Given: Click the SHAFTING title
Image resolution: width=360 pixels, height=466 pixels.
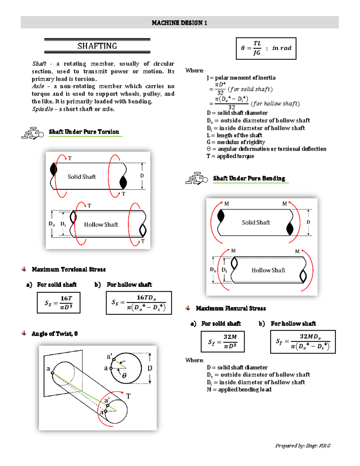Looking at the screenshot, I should pyautogui.click(x=97, y=46).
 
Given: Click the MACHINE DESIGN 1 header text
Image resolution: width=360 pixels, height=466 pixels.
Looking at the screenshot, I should pyautogui.click(x=179, y=23).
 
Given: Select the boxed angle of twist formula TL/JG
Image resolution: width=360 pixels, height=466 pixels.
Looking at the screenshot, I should pyautogui.click(x=266, y=48).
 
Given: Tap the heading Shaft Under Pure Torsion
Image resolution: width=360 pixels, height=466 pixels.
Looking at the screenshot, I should pyautogui.click(x=84, y=132).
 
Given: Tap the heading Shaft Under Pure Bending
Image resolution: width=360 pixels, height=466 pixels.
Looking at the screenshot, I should pyautogui.click(x=249, y=178).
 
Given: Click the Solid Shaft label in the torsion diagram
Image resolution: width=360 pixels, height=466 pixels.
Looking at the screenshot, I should pyautogui.click(x=82, y=177).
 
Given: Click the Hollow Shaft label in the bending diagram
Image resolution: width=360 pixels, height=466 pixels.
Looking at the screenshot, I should pyautogui.click(x=268, y=270).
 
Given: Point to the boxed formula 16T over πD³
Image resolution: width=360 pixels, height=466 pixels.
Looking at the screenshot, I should pyautogui.click(x=58, y=302).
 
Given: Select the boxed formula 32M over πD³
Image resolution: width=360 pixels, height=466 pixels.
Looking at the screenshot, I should pyautogui.click(x=223, y=341).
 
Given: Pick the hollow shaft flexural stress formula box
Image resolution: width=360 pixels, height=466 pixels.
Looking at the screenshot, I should pyautogui.click(x=303, y=342).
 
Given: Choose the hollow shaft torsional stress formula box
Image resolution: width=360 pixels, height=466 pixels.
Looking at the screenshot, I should pyautogui.click(x=139, y=302).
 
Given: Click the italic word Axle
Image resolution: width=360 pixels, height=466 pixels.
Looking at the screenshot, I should pyautogui.click(x=38, y=86).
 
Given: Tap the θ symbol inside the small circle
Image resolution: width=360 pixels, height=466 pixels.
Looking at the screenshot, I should pyautogui.click(x=124, y=375).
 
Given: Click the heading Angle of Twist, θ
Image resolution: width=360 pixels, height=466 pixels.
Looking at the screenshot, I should pyautogui.click(x=55, y=334).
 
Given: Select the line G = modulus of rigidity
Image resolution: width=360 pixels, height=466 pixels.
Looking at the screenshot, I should pyautogui.click(x=236, y=142).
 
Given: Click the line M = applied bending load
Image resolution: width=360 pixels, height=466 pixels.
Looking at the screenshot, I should pyautogui.click(x=239, y=389).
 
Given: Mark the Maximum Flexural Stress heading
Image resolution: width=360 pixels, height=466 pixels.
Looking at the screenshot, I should pyautogui.click(x=231, y=308).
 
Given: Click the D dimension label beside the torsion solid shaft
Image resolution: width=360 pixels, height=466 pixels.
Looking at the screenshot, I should pyautogui.click(x=142, y=176).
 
